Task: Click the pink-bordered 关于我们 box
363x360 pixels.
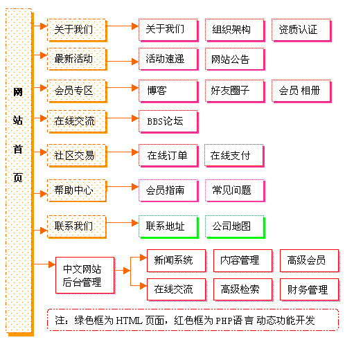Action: click(168, 30)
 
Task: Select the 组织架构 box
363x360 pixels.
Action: click(235, 30)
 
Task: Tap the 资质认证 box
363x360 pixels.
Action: click(301, 30)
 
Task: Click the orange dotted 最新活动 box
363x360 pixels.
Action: click(77, 59)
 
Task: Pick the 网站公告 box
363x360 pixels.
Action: click(235, 60)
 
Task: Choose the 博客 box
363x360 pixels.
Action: click(168, 91)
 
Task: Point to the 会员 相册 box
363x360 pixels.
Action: click(301, 91)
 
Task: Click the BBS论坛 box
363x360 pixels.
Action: click(168, 121)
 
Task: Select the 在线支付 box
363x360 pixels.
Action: click(234, 156)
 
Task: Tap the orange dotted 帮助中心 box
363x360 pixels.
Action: click(77, 190)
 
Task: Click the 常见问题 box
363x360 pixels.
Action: click(235, 190)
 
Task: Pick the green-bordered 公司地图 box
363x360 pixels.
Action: click(235, 227)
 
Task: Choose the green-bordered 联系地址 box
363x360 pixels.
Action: click(168, 227)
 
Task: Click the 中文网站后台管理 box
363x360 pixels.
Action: click(85, 276)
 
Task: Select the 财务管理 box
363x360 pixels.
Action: click(310, 290)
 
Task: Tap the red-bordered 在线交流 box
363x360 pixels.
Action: click(177, 290)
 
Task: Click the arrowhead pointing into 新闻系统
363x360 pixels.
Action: click(143, 258)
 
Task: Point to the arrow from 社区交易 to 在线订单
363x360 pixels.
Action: click(123, 152)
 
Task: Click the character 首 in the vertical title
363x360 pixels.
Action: click(18, 149)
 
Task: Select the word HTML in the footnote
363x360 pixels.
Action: click(129, 321)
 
